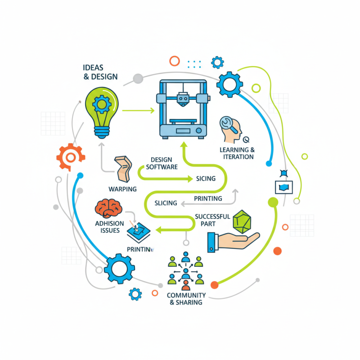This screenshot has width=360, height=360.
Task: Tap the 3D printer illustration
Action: [x=182, y=108]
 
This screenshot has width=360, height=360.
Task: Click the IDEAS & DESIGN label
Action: [x=100, y=72]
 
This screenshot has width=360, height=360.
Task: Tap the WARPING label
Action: [x=122, y=189]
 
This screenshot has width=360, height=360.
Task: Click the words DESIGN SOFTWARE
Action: [x=162, y=163]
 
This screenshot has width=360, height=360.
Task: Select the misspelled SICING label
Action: [x=206, y=179]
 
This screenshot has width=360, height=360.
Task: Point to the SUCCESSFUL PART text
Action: [x=212, y=220]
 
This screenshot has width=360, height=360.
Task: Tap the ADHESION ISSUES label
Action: [x=108, y=227]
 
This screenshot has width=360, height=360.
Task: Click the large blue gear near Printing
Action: [x=119, y=269]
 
